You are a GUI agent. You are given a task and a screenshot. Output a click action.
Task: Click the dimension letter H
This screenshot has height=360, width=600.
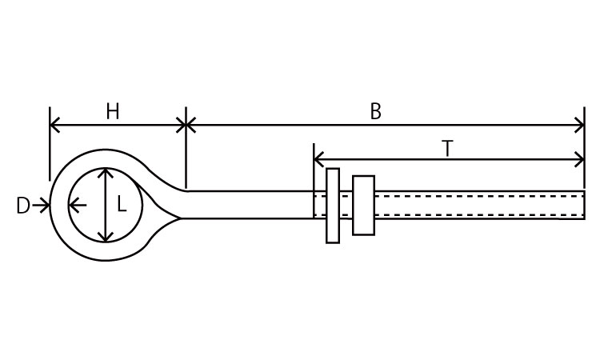(x=112, y=111)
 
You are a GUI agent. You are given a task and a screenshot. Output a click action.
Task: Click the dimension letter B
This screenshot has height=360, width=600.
(x=376, y=111)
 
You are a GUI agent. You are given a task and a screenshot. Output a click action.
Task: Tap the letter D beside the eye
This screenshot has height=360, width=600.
(x=22, y=206)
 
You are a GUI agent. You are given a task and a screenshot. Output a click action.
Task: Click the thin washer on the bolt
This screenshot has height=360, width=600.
(x=333, y=205)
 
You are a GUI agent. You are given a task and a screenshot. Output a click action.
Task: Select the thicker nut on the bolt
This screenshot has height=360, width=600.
(x=363, y=205)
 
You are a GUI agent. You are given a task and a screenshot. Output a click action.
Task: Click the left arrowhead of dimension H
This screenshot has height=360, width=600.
(x=54, y=125)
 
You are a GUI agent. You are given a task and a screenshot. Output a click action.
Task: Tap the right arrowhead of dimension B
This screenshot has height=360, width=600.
(x=580, y=125)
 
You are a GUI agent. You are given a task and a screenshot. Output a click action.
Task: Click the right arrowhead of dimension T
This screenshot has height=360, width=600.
(x=580, y=158)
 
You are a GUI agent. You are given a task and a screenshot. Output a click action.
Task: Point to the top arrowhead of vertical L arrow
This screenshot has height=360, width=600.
(x=105, y=174)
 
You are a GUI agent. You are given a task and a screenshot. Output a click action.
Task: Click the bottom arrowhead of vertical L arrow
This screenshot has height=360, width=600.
(x=105, y=237)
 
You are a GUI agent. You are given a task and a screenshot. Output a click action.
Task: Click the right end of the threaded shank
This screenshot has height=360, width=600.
(x=582, y=205)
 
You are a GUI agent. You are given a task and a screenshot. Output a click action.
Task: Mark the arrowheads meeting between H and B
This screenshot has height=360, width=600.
(x=186, y=125)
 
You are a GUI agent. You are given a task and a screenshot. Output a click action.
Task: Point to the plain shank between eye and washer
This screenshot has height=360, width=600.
(x=248, y=205)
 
